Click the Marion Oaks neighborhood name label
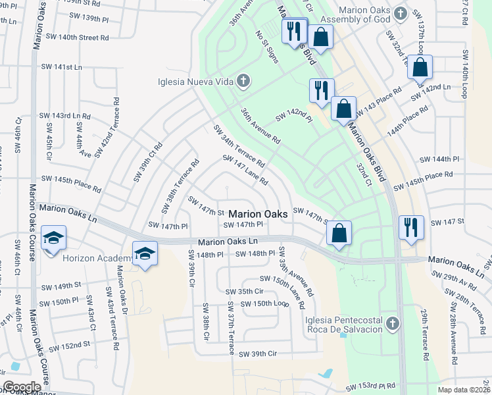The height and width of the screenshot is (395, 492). coord(258,215)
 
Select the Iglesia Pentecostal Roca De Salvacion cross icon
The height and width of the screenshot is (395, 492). coord(392,323)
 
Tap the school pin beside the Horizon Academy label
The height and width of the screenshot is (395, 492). coord(145,253)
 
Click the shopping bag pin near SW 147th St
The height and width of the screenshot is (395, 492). coord(339,233)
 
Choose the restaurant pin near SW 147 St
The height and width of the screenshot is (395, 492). coord(411,228)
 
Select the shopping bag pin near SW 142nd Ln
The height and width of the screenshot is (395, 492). coord(420,67)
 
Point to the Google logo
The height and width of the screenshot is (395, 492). coord(22,387)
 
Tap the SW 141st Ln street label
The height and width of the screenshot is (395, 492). coord(60,67)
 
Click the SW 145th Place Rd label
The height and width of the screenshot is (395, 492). coord(71,184)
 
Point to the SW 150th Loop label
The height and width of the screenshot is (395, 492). coord(264,303)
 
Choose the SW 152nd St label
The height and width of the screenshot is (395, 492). coord(69,346)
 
